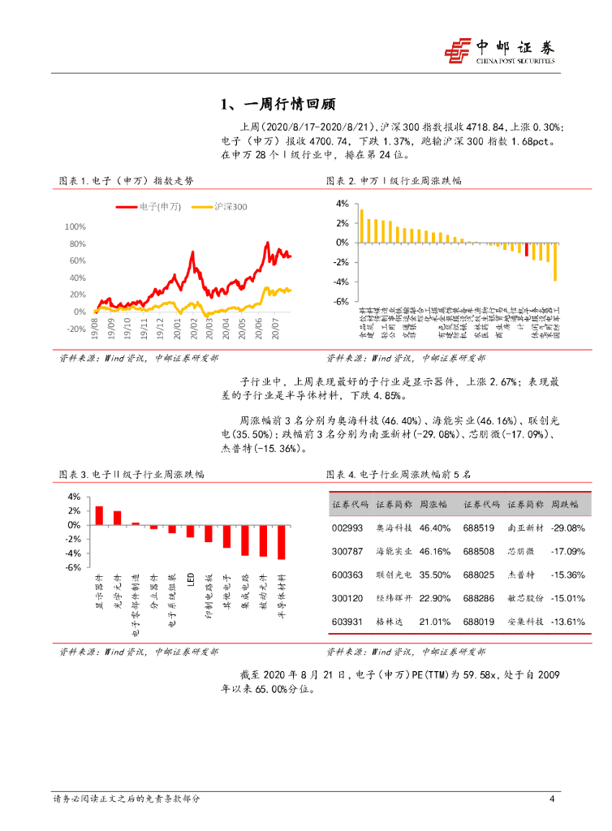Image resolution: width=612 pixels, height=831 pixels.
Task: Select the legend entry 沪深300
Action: coord(219,208)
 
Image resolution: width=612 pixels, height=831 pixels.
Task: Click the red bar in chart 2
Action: coord(526,249)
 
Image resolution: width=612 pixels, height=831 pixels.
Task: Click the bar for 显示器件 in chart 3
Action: coord(99,515)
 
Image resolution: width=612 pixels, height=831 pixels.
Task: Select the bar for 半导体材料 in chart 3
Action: coord(282,541)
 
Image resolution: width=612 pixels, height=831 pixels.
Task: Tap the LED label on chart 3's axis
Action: coord(190,579)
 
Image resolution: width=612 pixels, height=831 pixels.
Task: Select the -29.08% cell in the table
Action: coord(567,528)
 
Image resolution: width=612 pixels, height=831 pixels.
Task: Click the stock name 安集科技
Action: coord(524,622)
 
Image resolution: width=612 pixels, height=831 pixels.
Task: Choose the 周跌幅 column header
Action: coord(565,504)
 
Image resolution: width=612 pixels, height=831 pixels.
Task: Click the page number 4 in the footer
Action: coord(552,799)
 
